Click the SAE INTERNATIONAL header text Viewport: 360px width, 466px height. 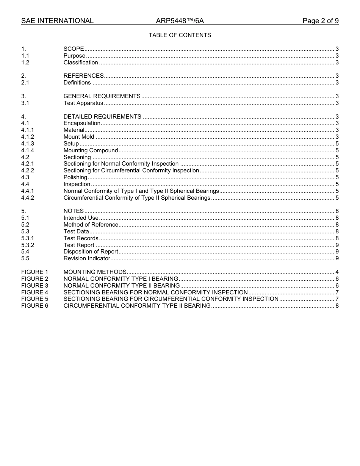pyautogui.click(x=57, y=21)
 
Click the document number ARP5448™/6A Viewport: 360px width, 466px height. pyautogui.click(x=180, y=21)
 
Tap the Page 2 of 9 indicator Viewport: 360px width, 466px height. pyautogui.click(x=320, y=21)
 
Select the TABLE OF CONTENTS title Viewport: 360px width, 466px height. pyautogui.click(x=180, y=35)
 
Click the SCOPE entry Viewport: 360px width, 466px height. pyautogui.click(x=74, y=49)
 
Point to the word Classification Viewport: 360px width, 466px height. pyautogui.click(x=81, y=63)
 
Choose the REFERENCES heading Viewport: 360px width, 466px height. pyautogui.click(x=83, y=76)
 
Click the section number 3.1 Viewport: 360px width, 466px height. pyautogui.click(x=25, y=103)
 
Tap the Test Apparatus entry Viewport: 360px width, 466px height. pyautogui.click(x=83, y=103)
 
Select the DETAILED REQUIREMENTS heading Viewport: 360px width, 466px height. pyautogui.click(x=102, y=117)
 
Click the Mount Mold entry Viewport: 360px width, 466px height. pyautogui.click(x=79, y=137)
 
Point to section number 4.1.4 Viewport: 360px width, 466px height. pyautogui.click(x=28, y=150)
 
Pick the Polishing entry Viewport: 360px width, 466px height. pyautogui.click(x=75, y=177)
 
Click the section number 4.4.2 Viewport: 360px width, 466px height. pyautogui.click(x=28, y=198)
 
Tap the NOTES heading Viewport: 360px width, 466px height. pyautogui.click(x=74, y=211)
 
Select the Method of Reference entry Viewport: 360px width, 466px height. pyautogui.click(x=91, y=225)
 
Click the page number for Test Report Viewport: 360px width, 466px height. pyautogui.click(x=337, y=245)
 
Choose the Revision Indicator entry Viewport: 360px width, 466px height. pyautogui.click(x=87, y=258)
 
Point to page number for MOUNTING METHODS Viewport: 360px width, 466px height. pyautogui.click(x=337, y=272)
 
